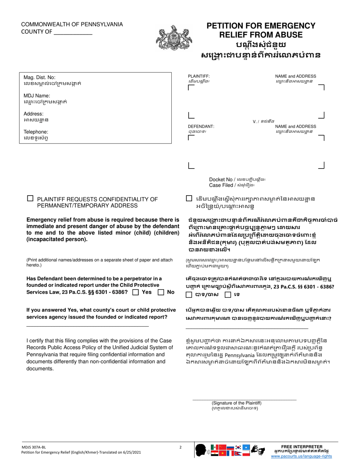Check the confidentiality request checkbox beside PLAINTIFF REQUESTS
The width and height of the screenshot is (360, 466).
point(30,198)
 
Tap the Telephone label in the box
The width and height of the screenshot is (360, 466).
point(36,132)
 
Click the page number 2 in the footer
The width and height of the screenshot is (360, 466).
point(180,447)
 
